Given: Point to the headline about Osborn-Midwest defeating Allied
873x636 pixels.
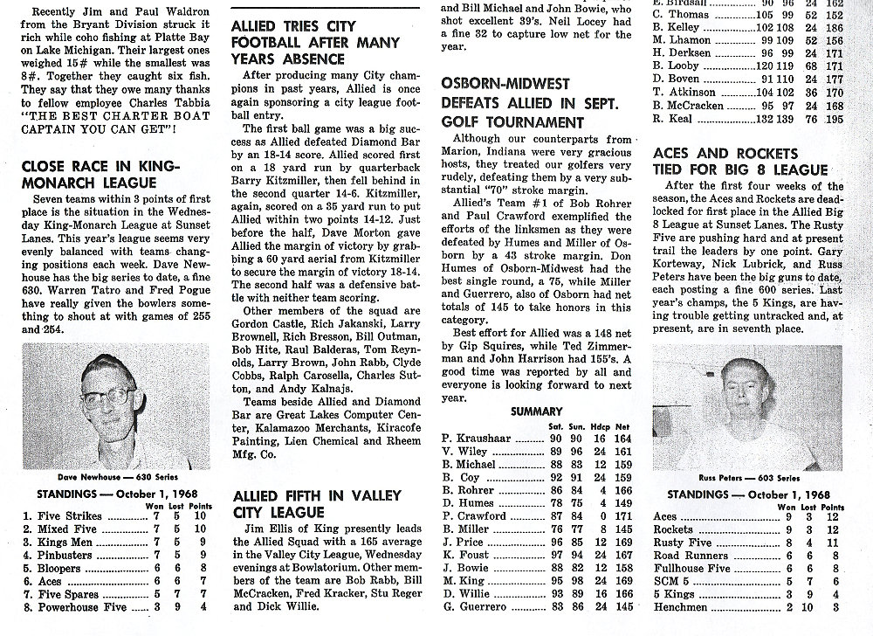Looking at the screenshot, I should pyautogui.click(x=529, y=103).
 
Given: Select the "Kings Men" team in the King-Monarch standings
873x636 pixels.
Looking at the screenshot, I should pyautogui.click(x=64, y=542).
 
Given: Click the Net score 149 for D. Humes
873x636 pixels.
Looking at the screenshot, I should pyautogui.click(x=622, y=502).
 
